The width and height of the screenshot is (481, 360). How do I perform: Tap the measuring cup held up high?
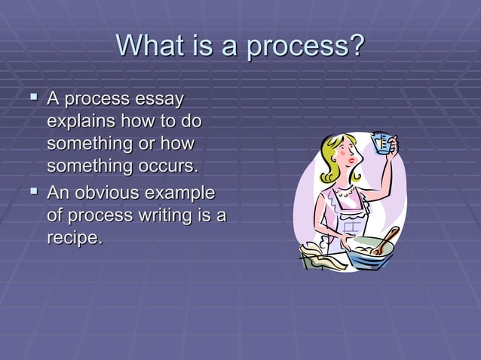tap(384, 142)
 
